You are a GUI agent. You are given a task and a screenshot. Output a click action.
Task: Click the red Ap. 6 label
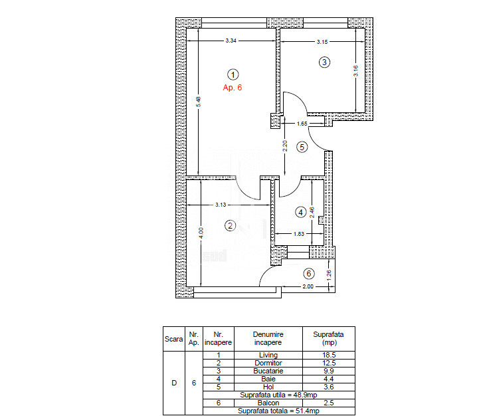pyautogui.click(x=233, y=88)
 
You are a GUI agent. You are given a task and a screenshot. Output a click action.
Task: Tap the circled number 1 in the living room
pyautogui.click(x=233, y=74)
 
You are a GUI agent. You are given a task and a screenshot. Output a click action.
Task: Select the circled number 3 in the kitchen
pyautogui.click(x=324, y=62)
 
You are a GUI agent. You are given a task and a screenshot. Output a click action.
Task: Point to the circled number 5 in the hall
pyautogui.click(x=302, y=148)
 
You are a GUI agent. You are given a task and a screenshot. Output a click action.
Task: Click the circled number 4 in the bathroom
pyautogui.click(x=301, y=212)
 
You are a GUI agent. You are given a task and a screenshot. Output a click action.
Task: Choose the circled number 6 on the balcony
pyautogui.click(x=309, y=274)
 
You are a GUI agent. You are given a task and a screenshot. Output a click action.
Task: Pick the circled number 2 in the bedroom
pyautogui.click(x=230, y=225)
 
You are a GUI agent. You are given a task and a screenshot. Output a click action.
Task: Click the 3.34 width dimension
pyautogui.click(x=231, y=41)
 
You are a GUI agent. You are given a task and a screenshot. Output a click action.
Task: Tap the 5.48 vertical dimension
pyautogui.click(x=199, y=102)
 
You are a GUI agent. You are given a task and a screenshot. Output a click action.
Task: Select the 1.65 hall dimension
pyautogui.click(x=302, y=124)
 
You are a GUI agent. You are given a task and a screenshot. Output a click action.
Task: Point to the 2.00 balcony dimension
pyautogui.click(x=308, y=286)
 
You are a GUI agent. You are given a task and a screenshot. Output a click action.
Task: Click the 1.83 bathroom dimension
pyautogui.click(x=299, y=234)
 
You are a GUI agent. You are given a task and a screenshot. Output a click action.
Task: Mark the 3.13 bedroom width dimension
pyautogui.click(x=221, y=205)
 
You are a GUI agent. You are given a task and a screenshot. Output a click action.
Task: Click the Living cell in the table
pyautogui.click(x=268, y=355)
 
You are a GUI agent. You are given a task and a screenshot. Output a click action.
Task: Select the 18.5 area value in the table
pyautogui.click(x=329, y=355)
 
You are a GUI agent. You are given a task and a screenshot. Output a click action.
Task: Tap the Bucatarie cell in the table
pyautogui.click(x=268, y=371)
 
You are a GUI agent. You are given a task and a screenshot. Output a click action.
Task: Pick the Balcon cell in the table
pyautogui.click(x=268, y=403)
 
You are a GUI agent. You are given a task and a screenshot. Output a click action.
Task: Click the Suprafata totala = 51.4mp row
pyautogui.click(x=278, y=411)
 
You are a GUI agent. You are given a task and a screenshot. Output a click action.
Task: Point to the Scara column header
pyautogui.click(x=173, y=339)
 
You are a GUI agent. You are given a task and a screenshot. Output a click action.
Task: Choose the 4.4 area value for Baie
pyautogui.click(x=329, y=379)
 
